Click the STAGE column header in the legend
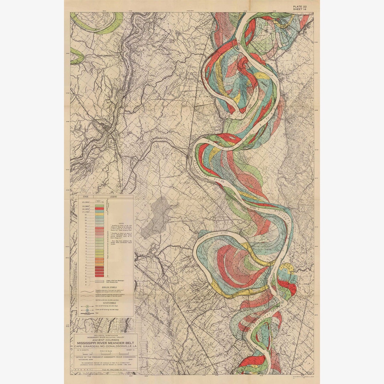[85, 196]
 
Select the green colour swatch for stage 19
[99, 206]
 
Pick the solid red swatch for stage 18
[99, 209]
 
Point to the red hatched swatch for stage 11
[99, 228]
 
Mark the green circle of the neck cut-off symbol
[87, 306]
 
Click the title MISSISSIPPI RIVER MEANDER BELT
[105, 343]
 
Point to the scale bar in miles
[105, 353]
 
